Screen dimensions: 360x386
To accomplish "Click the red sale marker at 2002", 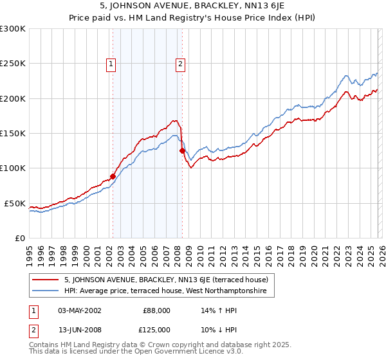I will pos(113,176).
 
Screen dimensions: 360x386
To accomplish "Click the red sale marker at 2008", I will pos(182,150).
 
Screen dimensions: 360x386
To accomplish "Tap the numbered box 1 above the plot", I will pos(111,63).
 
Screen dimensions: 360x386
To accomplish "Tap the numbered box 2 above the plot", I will pos(180,63).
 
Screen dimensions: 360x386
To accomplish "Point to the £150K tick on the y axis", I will pos(13,133).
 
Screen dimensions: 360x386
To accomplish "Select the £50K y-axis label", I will pos(15,203).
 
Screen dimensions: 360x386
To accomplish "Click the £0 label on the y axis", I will pos(21,238).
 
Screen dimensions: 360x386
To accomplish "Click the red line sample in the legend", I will pos(47,280).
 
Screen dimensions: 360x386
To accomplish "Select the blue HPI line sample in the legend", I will pos(47,291).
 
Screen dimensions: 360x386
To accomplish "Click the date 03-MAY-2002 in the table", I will pos(79,310).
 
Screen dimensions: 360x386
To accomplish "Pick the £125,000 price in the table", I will pos(156,330).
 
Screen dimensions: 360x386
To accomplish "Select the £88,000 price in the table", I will pos(156,310).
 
